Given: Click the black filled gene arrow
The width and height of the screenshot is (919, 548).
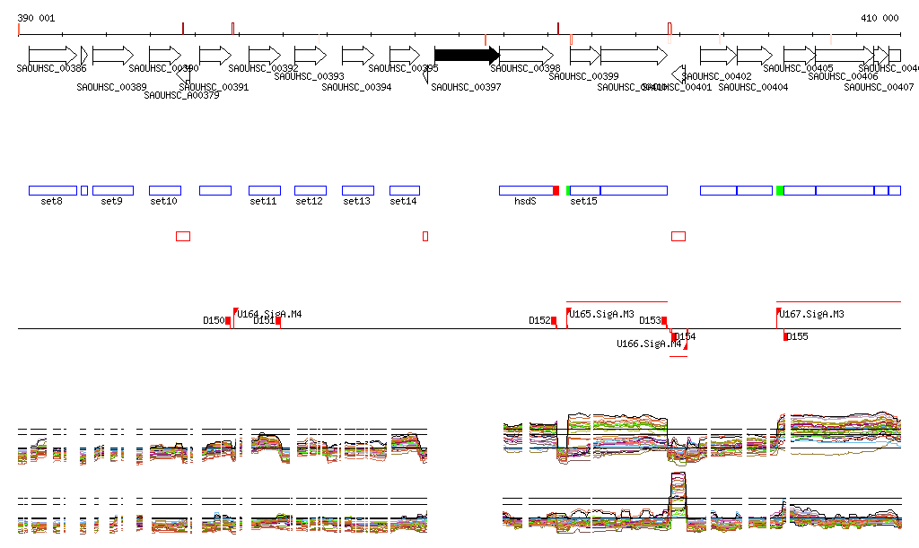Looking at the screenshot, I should tap(466, 55).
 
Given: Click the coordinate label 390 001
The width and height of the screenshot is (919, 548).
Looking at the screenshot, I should tap(36, 18).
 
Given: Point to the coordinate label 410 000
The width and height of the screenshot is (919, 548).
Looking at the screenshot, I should tap(880, 18).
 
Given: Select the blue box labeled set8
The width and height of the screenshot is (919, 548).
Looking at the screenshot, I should tap(52, 190).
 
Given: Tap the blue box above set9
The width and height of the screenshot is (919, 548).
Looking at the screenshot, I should tap(112, 190).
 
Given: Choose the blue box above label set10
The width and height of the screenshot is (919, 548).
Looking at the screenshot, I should tap(164, 190).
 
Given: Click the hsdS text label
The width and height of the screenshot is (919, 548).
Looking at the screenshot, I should tap(525, 202).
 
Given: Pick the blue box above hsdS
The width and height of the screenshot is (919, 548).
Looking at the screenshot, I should tap(526, 190).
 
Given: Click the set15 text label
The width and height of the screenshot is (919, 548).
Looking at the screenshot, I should tap(583, 202).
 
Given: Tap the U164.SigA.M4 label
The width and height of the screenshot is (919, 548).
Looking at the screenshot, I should tap(269, 314).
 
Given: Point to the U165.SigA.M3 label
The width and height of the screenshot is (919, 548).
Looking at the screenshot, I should tap(602, 314).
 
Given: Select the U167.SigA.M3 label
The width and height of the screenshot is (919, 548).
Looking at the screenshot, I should tap(812, 314).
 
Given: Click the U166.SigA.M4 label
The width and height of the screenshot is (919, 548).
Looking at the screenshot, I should tap(649, 344).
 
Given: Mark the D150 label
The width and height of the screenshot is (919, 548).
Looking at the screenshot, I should tap(214, 320).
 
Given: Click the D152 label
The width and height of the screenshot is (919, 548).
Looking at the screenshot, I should tap(539, 320).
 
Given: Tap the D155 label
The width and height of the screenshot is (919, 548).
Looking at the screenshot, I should tap(797, 336).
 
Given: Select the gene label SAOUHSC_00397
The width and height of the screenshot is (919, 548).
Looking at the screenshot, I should tap(466, 87).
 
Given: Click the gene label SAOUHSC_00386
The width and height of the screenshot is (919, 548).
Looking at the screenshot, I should tap(51, 68).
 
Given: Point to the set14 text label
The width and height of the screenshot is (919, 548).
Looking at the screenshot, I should tap(403, 202).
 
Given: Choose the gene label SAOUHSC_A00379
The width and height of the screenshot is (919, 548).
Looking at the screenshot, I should tap(181, 95).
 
